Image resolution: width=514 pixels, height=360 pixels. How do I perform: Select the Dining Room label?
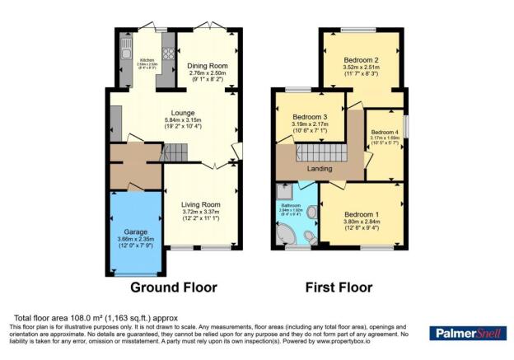207,66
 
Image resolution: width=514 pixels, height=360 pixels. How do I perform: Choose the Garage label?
134,232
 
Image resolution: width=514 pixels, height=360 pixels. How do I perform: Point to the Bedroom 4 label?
385,132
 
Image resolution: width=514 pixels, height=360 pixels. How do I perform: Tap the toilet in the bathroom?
310,237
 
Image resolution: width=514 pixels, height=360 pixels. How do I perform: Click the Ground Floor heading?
174,288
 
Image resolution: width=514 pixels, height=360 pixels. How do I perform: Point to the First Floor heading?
338,288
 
